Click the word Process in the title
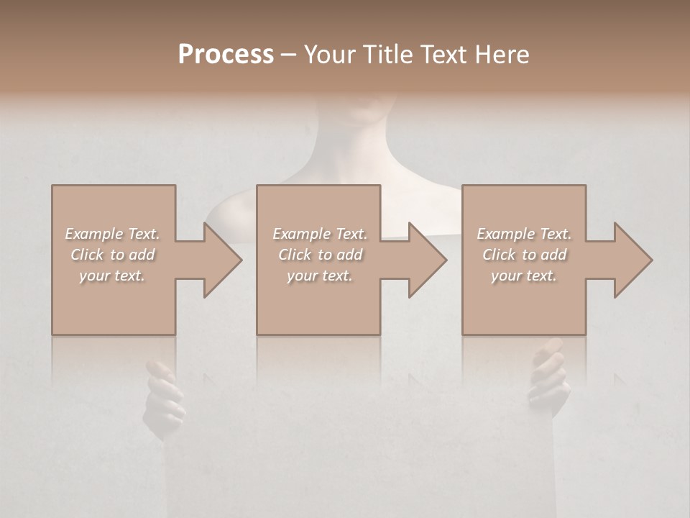tap(226, 55)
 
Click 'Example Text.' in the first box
tap(112, 234)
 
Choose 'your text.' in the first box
tap(112, 276)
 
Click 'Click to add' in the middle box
tap(320, 255)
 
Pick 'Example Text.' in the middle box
tap(320, 234)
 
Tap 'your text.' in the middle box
tap(320, 276)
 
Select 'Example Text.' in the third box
tap(524, 234)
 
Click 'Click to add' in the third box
tap(524, 255)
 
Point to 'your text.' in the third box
tap(524, 276)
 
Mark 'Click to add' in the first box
tap(112, 255)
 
